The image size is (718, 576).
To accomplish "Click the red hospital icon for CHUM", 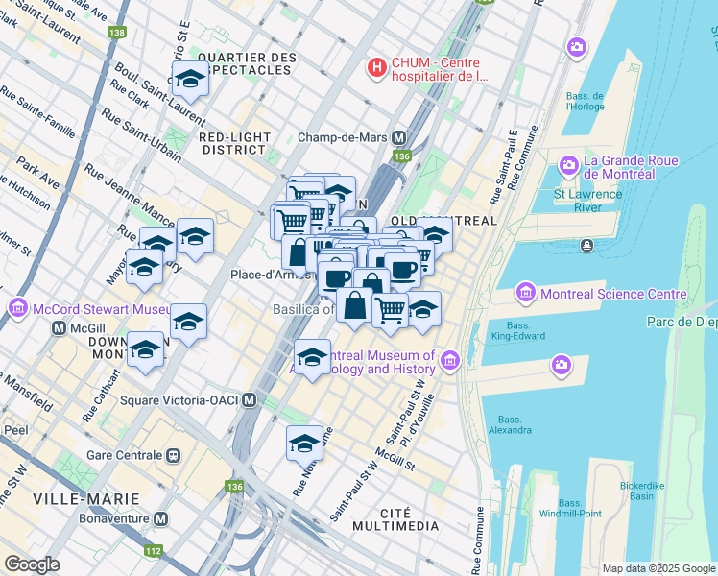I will (377, 68).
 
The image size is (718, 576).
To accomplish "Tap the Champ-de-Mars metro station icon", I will (398, 137).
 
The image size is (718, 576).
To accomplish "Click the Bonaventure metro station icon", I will (161, 518).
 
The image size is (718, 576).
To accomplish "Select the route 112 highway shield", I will (153, 550).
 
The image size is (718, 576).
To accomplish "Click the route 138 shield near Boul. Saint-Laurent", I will (117, 33).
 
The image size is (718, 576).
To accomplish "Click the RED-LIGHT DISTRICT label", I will (232, 143).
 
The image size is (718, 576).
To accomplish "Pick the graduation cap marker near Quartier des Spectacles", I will (190, 81).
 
